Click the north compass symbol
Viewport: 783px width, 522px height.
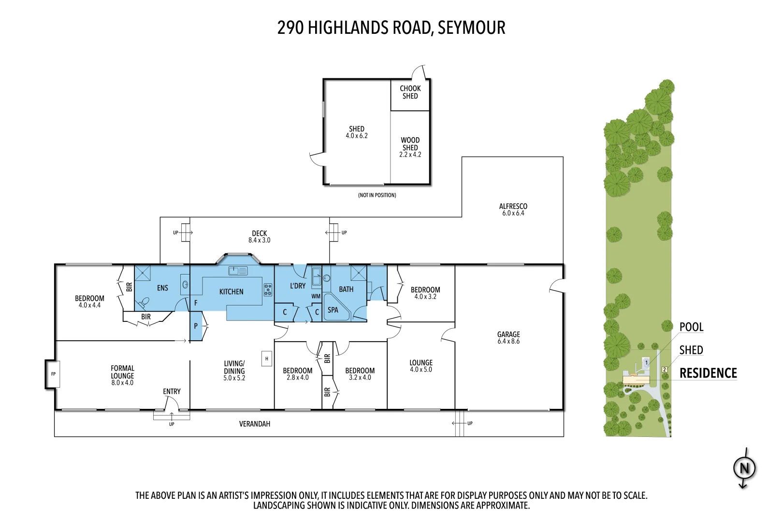744,468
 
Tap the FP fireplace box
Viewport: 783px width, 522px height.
53,374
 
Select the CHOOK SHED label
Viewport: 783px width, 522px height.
410,92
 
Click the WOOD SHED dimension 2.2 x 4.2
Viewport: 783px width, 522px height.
410,155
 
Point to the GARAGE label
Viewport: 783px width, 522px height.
508,334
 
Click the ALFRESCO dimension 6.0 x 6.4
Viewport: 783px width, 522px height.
513,213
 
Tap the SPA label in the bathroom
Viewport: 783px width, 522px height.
333,310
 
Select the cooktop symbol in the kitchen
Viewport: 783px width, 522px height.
268,290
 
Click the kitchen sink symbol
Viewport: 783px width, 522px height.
238,271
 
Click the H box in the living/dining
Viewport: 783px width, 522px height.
266,359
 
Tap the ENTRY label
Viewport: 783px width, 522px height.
172,391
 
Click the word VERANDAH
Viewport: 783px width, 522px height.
255,424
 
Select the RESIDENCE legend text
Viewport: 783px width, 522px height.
708,373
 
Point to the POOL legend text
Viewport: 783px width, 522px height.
691,327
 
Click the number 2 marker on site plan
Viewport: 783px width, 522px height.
665,369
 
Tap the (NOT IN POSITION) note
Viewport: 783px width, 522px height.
377,195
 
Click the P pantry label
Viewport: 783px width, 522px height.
196,326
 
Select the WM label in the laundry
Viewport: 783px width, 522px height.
316,296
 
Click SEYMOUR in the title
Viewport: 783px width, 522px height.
471,28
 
